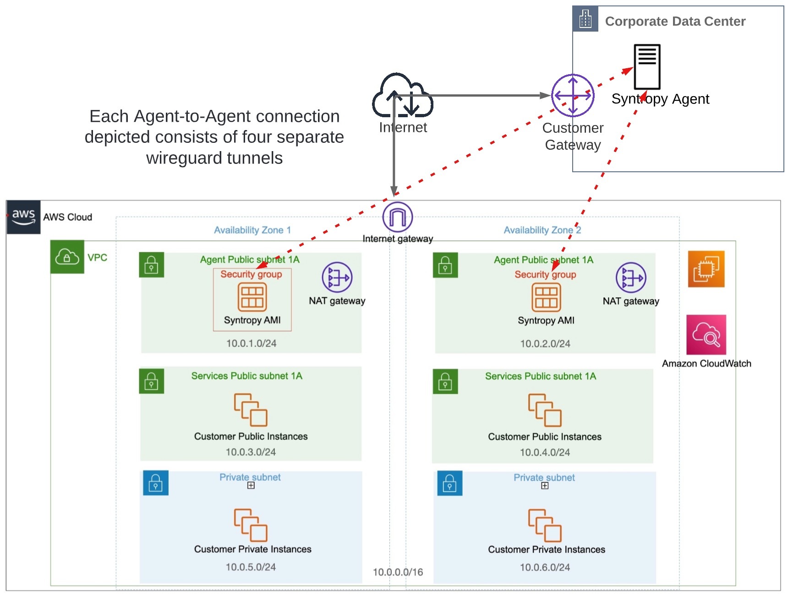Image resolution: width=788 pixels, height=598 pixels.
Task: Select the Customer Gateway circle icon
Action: [573, 95]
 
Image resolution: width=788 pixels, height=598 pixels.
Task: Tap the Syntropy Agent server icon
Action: [647, 67]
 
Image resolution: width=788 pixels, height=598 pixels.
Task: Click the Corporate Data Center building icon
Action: [586, 19]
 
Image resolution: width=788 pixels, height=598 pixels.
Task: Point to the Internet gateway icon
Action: [398, 217]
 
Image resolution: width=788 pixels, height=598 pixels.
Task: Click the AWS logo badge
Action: [23, 217]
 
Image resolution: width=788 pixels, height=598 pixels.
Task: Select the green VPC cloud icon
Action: [67, 257]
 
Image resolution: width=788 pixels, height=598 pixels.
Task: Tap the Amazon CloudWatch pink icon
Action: [706, 335]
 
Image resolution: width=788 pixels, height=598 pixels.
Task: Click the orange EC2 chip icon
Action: [706, 269]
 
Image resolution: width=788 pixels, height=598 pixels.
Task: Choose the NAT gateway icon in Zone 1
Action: [337, 277]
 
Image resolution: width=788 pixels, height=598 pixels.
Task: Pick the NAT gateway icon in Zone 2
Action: [631, 278]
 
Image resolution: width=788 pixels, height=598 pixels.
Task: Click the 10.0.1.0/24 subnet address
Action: [251, 343]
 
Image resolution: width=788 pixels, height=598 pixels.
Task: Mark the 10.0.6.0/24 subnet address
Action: [545, 567]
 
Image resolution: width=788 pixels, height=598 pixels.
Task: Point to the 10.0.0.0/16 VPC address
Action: [398, 572]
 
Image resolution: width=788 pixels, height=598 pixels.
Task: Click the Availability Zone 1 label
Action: [252, 230]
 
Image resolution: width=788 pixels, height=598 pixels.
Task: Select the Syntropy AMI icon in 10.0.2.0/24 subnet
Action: [546, 297]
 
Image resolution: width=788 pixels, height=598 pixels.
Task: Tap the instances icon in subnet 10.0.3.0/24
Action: [251, 410]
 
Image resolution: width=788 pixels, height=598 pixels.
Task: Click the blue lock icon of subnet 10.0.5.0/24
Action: [156, 483]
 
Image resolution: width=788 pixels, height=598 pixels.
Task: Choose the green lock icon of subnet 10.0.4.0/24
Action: [445, 381]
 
